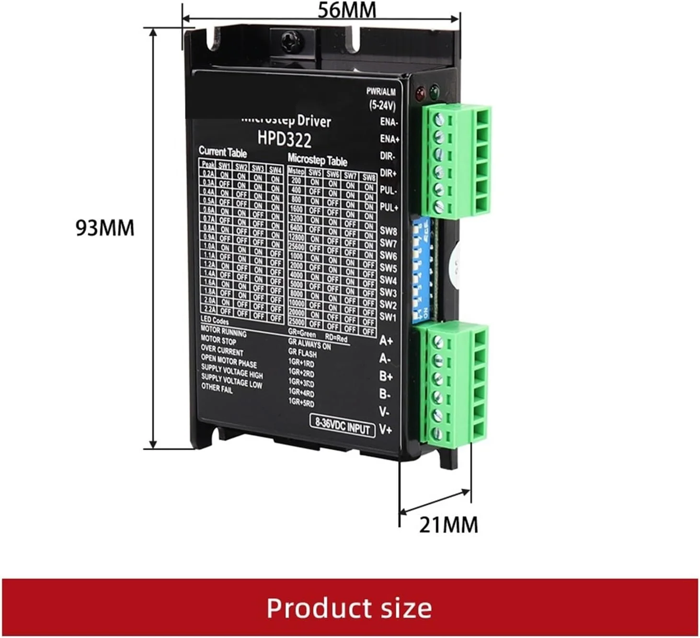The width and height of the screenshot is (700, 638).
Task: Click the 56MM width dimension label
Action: tap(347, 10)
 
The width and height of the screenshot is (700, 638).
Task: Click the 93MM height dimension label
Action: tap(105, 228)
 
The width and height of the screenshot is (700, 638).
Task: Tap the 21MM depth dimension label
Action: tap(448, 524)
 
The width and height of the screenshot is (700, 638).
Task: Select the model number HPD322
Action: tap(284, 139)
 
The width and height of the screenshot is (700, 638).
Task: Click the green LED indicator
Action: tap(435, 91)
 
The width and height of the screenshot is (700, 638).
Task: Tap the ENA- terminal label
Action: tap(389, 122)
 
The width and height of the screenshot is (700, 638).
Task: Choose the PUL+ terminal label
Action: tap(389, 207)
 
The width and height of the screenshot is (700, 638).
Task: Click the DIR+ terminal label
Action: tap(389, 173)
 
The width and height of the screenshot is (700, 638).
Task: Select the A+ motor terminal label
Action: tap(386, 341)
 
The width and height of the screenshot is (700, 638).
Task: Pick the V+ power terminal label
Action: tap(386, 429)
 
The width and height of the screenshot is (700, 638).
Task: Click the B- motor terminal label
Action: tap(385, 394)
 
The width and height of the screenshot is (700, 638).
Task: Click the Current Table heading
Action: tap(223, 152)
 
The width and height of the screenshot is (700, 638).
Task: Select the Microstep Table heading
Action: tap(317, 159)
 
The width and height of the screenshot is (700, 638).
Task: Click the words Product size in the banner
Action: tap(349, 608)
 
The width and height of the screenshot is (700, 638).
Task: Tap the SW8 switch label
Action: tap(388, 231)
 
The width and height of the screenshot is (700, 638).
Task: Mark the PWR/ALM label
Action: tap(381, 91)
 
